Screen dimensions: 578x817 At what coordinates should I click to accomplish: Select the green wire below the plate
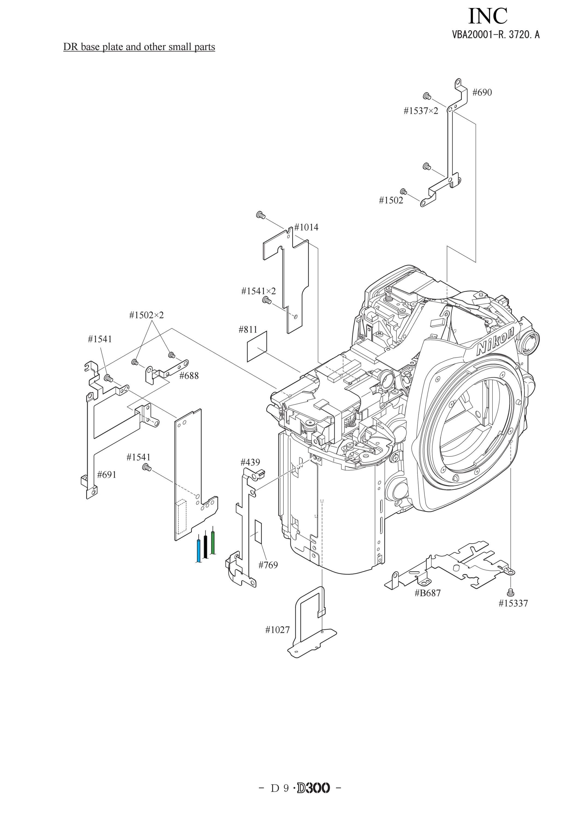(x=213, y=543)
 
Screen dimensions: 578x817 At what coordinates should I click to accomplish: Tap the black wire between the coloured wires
(x=206, y=546)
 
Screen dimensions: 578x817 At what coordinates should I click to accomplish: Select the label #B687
(x=428, y=593)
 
